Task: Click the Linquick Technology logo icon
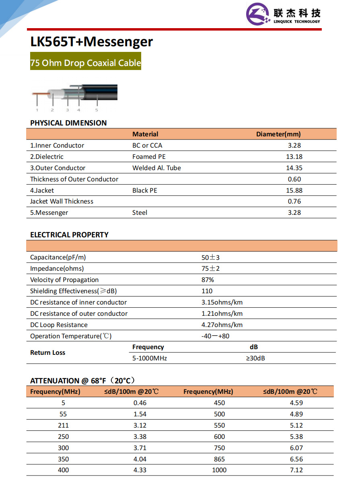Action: coord(258,14)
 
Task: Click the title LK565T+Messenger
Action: coord(92,42)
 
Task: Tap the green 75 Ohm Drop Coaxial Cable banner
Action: coord(86,63)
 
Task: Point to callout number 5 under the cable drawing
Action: coord(97,110)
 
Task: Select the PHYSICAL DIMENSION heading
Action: coord(68,123)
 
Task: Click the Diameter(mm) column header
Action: coord(278,134)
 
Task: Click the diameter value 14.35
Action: coord(294,168)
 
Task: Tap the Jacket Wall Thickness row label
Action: coord(62,202)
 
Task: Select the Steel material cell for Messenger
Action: coord(140,213)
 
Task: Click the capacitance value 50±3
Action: coord(210,257)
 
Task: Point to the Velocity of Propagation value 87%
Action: coord(208,280)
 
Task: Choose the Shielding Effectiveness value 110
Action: coord(207,291)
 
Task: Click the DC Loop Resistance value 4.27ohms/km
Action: coord(222,325)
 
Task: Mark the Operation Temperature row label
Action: coord(71,336)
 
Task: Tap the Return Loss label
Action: coord(47,353)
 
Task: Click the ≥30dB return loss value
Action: coord(255,358)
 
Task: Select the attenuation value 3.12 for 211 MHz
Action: coord(140,426)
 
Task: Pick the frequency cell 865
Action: coord(219,459)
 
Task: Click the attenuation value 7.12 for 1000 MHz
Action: coord(296,470)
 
